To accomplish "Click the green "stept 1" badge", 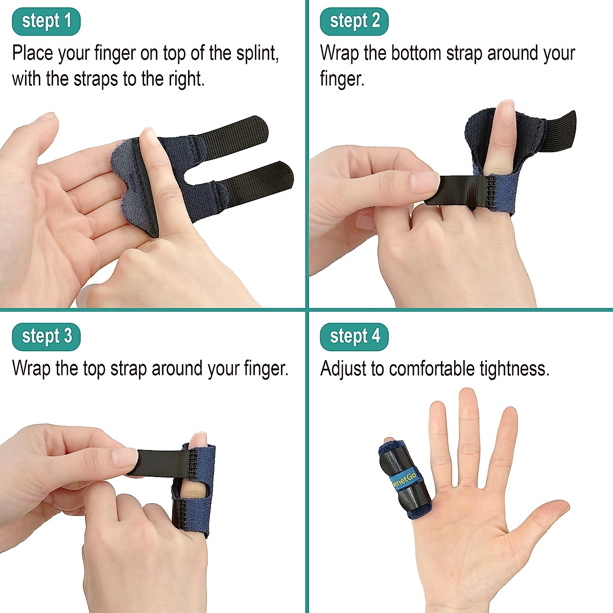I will coord(46,21).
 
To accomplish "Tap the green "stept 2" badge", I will coord(355,21).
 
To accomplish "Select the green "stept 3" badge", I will coord(46,337).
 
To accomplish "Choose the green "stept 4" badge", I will coord(355,337).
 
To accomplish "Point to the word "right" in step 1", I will coord(183,80).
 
